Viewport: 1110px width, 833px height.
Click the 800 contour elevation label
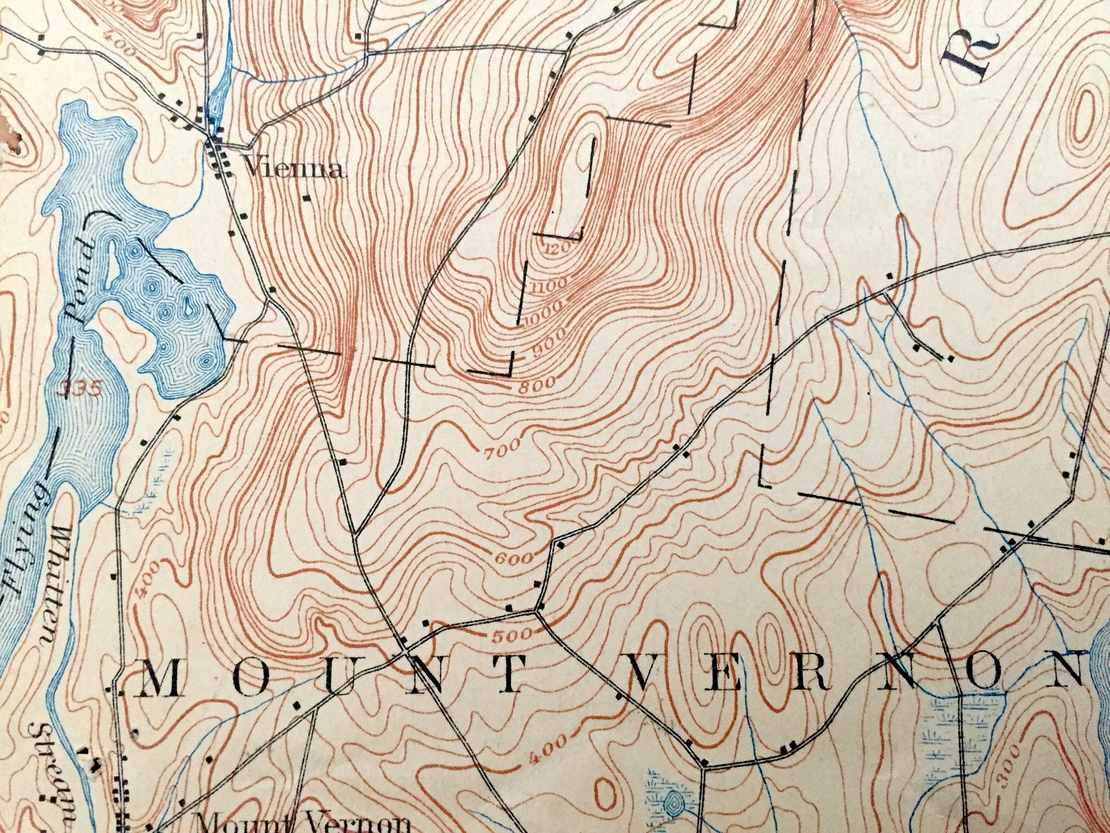[537, 383]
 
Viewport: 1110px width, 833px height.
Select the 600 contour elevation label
[516, 558]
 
